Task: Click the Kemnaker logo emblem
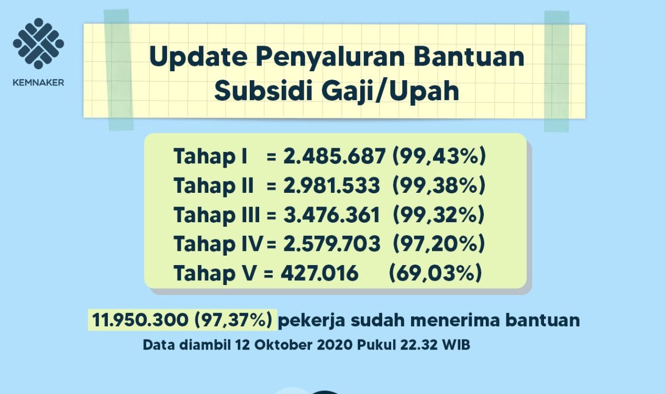tap(38, 43)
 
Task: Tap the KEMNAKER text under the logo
tap(38, 83)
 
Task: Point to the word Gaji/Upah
tap(390, 92)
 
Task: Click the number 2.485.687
tap(335, 156)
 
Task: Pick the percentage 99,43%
tap(439, 156)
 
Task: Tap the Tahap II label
tap(214, 185)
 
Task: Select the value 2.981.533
tap(331, 185)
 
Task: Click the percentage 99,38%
tap(439, 185)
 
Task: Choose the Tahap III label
tap(217, 215)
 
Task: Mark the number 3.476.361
tap(331, 214)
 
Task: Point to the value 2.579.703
tap(331, 244)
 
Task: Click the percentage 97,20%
tap(438, 244)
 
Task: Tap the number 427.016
tap(319, 273)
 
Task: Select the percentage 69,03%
tap(435, 273)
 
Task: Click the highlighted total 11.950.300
tap(140, 320)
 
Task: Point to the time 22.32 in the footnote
tap(418, 345)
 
